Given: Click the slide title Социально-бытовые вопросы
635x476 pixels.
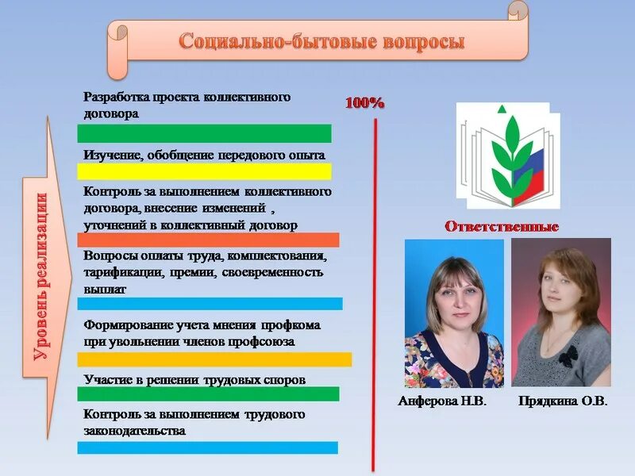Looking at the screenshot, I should [321, 40].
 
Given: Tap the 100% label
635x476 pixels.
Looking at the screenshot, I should [364, 102].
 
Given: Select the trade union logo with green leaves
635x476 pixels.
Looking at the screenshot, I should [507, 155].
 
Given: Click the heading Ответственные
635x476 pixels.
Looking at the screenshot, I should [501, 227].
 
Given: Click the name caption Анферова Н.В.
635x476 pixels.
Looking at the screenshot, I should [441, 401].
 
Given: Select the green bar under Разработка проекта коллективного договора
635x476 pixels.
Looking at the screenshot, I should [205, 133].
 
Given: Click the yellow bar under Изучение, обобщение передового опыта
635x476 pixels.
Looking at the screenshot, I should [205, 171].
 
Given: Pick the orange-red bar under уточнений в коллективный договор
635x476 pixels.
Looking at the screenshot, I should [208, 240].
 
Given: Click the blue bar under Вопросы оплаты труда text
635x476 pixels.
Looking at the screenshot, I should [210, 303].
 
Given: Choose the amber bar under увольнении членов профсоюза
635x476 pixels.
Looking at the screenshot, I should [214, 359].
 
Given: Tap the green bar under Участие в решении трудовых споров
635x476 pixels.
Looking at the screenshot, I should [208, 394].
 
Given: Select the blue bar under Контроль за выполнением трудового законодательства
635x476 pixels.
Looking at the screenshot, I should [208, 447].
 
